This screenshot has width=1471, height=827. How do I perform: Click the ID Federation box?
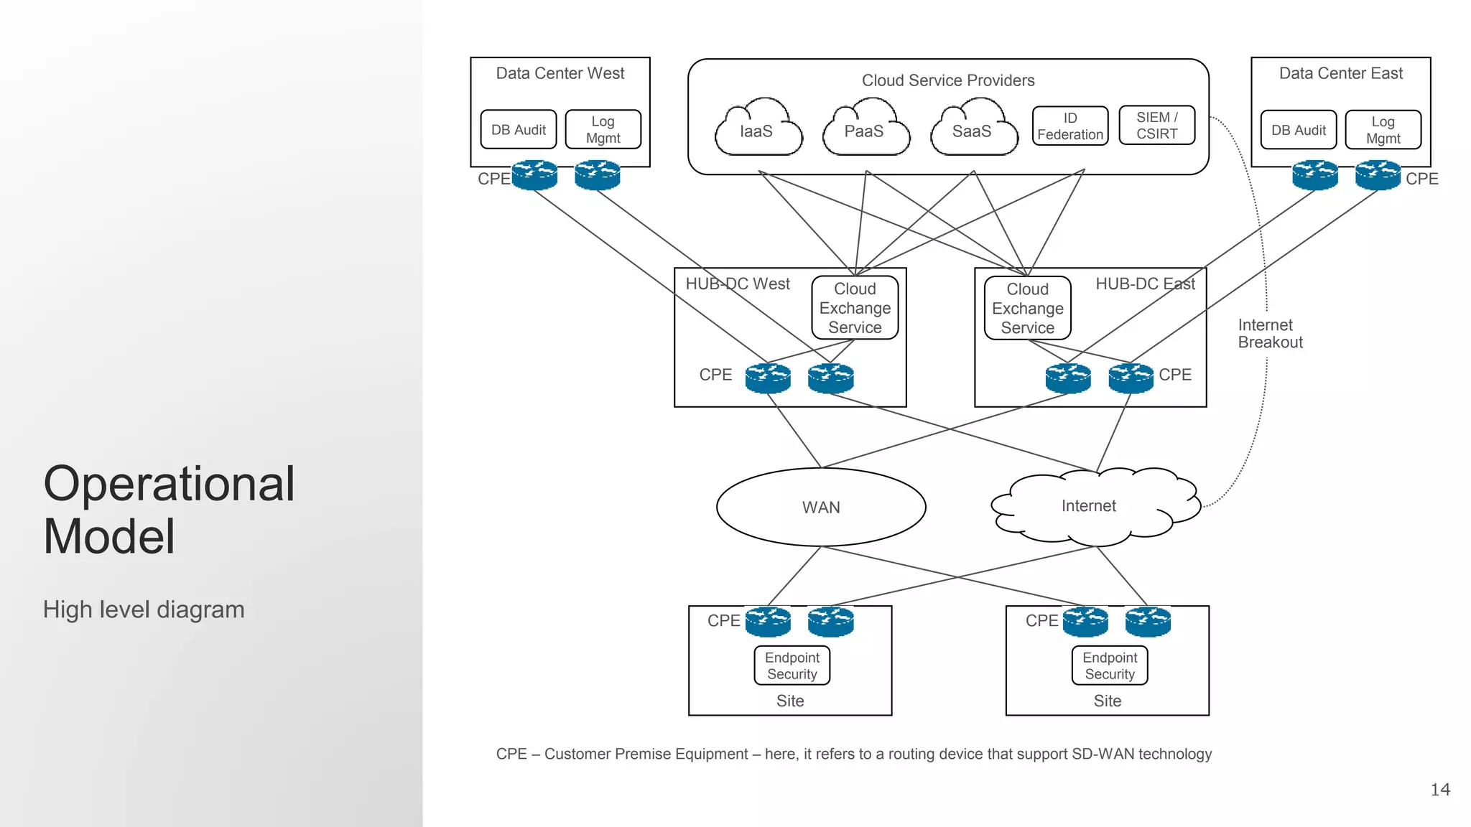point(1069,126)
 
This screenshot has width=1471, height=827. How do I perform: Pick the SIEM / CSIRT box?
point(1156,126)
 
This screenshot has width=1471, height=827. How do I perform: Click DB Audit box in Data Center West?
point(518,130)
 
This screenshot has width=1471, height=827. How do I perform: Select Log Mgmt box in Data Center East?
point(1383,130)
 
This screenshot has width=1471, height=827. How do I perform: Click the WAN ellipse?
point(820,508)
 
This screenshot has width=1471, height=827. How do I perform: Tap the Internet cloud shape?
point(1090,506)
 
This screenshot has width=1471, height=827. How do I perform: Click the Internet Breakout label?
point(1269,334)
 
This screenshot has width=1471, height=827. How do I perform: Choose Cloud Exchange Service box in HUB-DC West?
point(855,308)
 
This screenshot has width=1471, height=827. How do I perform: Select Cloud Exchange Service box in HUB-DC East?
point(1027,309)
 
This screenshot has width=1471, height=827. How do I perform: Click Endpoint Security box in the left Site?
point(792,665)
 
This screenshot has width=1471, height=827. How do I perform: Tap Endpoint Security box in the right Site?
point(1109,665)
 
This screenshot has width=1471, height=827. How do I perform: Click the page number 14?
point(1439,790)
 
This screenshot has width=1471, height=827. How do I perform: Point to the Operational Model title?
point(169,510)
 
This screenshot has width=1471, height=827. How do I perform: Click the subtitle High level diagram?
point(144,609)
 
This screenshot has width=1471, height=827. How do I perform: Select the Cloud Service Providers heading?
point(947,80)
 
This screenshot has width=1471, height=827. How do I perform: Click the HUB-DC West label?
point(737,284)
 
